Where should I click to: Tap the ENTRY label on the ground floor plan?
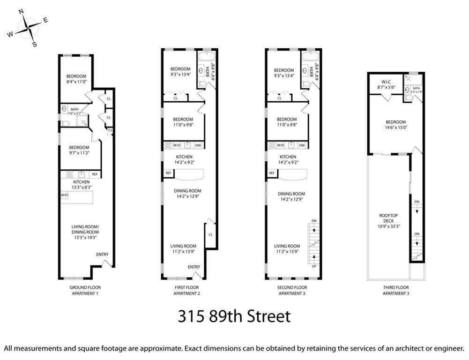tap(102, 255)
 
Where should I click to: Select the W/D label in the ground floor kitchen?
tap(64, 195)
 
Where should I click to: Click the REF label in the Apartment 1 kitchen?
tap(95, 174)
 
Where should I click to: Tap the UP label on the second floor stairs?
tap(314, 266)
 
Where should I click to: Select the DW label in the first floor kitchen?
tap(198, 145)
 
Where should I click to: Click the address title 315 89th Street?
tap(234, 316)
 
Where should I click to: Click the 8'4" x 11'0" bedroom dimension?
tap(76, 82)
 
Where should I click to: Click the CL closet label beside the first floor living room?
tap(210, 234)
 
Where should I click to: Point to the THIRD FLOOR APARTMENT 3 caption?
tap(395, 290)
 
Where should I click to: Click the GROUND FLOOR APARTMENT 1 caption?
tap(85, 290)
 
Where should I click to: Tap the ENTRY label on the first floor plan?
tap(194, 267)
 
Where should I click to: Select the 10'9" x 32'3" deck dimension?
tap(388, 226)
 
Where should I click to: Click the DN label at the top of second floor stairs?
tap(314, 221)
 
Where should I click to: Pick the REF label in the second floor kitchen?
tap(272, 173)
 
